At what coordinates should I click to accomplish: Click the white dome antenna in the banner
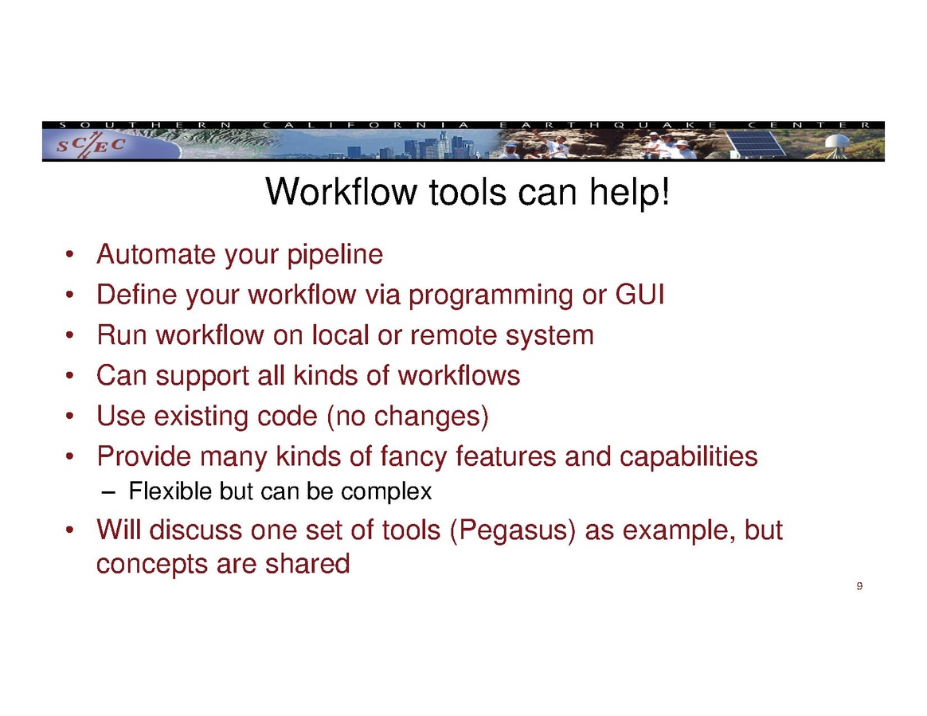[837, 144]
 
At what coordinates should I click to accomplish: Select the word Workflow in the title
[342, 192]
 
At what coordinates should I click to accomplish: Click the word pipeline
[335, 256]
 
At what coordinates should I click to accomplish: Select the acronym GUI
[640, 295]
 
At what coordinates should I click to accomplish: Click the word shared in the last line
[307, 563]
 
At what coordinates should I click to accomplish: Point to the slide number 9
[859, 586]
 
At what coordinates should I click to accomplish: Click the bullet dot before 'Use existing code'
[70, 417]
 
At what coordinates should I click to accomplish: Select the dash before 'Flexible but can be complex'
[107, 492]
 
